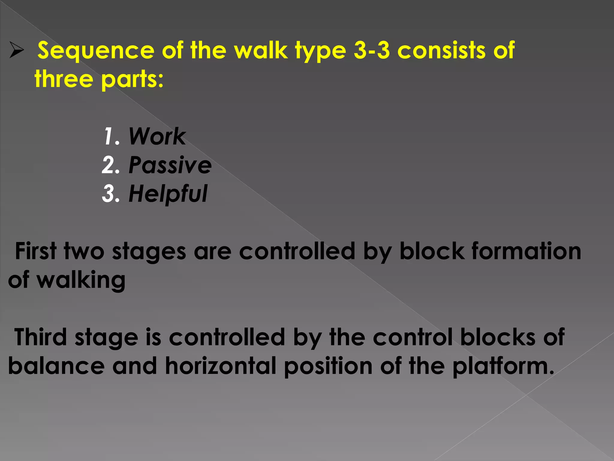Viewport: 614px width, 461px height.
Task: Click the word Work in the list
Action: [157, 137]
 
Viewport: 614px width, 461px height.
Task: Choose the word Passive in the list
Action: [170, 165]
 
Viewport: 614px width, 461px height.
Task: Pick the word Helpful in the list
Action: [168, 194]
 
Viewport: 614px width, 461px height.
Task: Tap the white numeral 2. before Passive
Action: [111, 165]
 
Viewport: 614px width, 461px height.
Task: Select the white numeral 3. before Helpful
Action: [111, 194]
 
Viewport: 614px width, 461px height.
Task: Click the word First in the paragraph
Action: [36, 251]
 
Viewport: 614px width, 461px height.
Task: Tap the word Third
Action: [40, 337]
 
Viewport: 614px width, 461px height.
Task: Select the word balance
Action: [56, 366]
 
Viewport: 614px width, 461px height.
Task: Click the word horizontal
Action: [220, 366]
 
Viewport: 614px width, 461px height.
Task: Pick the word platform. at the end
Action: [503, 366]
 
